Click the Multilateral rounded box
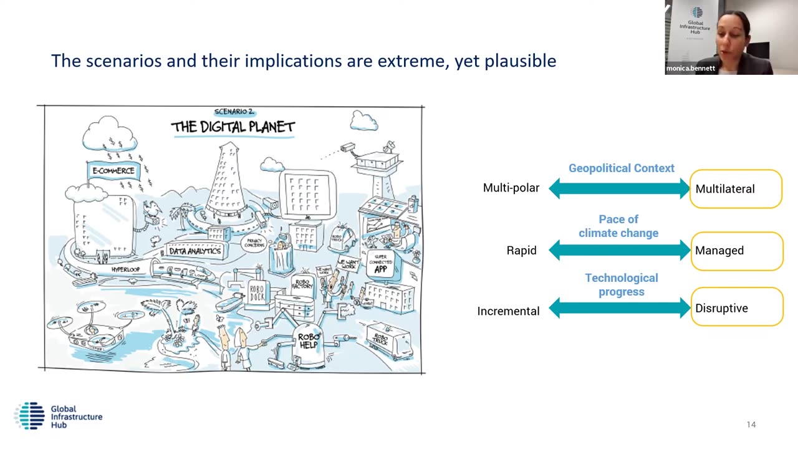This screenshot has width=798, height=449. [736, 188]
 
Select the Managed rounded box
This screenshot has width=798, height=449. [736, 251]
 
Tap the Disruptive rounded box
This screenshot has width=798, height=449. [736, 307]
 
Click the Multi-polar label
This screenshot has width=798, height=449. [511, 188]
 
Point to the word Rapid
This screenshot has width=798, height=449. [521, 251]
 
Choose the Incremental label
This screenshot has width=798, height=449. [508, 311]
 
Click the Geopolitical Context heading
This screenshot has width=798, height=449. [621, 168]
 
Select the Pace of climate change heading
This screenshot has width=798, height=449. [618, 226]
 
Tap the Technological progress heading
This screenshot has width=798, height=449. [621, 284]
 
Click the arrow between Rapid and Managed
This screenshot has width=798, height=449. [619, 251]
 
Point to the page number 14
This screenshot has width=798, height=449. [751, 425]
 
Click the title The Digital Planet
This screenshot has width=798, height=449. [233, 127]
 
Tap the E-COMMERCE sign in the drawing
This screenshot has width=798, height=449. [113, 170]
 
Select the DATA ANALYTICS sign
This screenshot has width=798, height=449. [195, 251]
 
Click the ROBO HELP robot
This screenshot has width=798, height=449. [308, 342]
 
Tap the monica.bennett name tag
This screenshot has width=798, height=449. [690, 69]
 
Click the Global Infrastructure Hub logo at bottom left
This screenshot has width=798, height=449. [58, 416]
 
